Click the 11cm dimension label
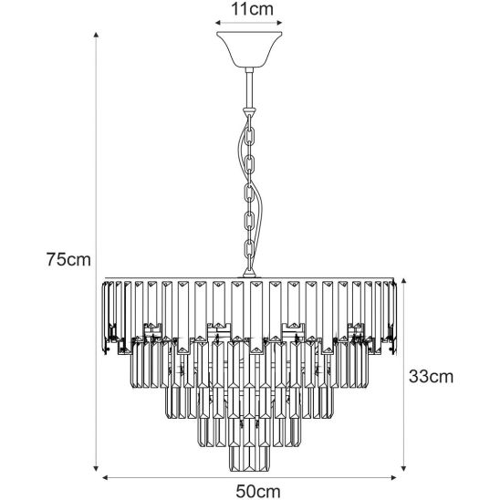pyautogui.click(x=252, y=9)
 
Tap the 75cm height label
pyautogui.click(x=68, y=259)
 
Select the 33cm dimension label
pyautogui.click(x=431, y=376)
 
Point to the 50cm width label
pyautogui.click(x=258, y=491)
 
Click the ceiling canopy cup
pyautogui.click(x=249, y=49)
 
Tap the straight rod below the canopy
pyautogui.click(x=249, y=89)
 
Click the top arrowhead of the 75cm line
pyautogui.click(x=96, y=35)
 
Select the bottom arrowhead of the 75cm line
pyautogui.click(x=96, y=468)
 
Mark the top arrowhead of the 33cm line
pyautogui.click(x=403, y=281)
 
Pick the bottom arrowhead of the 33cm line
pyautogui.click(x=403, y=468)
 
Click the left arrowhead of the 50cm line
pyautogui.click(x=105, y=477)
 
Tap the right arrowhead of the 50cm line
pyautogui.click(x=393, y=477)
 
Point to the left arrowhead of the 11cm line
pyautogui.click(x=218, y=23)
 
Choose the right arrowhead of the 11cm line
pyautogui.click(x=279, y=23)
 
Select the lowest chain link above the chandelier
pyautogui.click(x=250, y=250)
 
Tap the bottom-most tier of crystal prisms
pyautogui.click(x=249, y=459)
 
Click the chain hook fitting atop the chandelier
pyautogui.click(x=249, y=271)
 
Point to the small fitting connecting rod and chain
pyautogui.click(x=250, y=112)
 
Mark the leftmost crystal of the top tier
pyautogui.click(x=105, y=318)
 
